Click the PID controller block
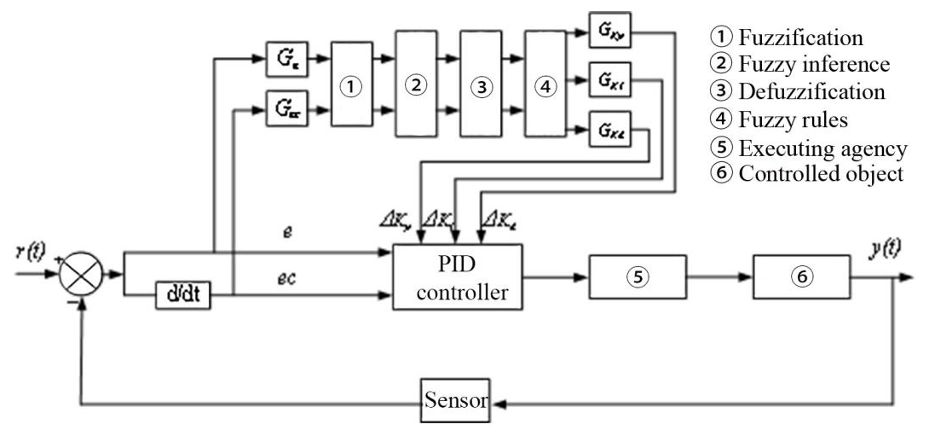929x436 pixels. pyautogui.click(x=458, y=277)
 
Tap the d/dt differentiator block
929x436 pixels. pyautogui.click(x=182, y=296)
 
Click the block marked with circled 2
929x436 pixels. pyautogui.click(x=416, y=85)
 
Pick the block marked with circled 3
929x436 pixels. pyautogui.click(x=482, y=85)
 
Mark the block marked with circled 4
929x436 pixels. pyautogui.click(x=545, y=85)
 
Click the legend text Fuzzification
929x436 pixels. pyautogui.click(x=799, y=38)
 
